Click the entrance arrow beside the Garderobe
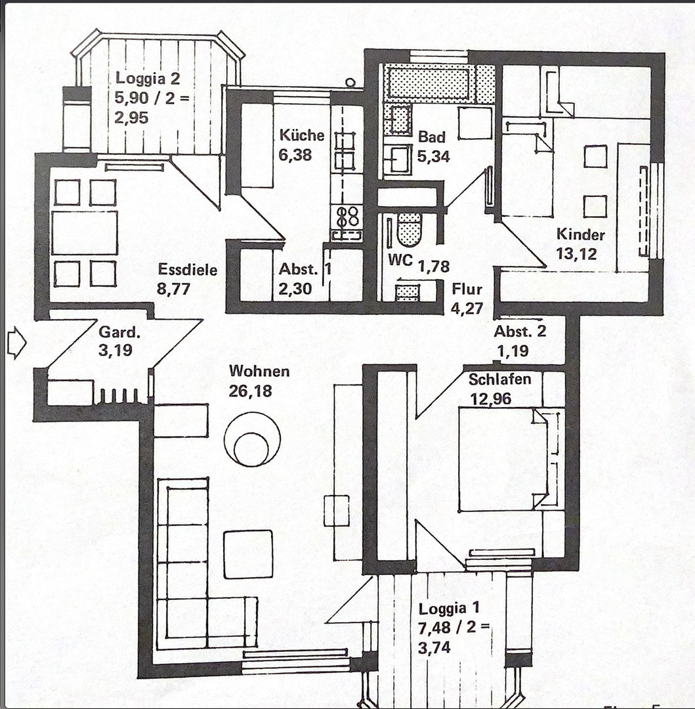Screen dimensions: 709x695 [x=16, y=344]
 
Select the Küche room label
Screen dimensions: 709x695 [x=302, y=136]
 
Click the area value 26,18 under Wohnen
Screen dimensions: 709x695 [x=251, y=392]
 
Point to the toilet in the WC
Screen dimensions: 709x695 [x=410, y=229]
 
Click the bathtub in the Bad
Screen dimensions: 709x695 [x=431, y=83]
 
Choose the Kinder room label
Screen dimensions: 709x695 [x=581, y=234]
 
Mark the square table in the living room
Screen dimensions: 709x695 [x=248, y=554]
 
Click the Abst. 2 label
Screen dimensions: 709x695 [x=520, y=332]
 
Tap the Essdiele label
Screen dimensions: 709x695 [x=188, y=270]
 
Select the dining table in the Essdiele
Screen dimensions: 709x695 [x=85, y=232]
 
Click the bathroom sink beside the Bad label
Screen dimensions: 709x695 [x=397, y=159]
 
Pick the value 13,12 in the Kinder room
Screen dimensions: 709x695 [x=577, y=254]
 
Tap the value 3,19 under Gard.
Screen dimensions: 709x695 [x=116, y=350]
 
